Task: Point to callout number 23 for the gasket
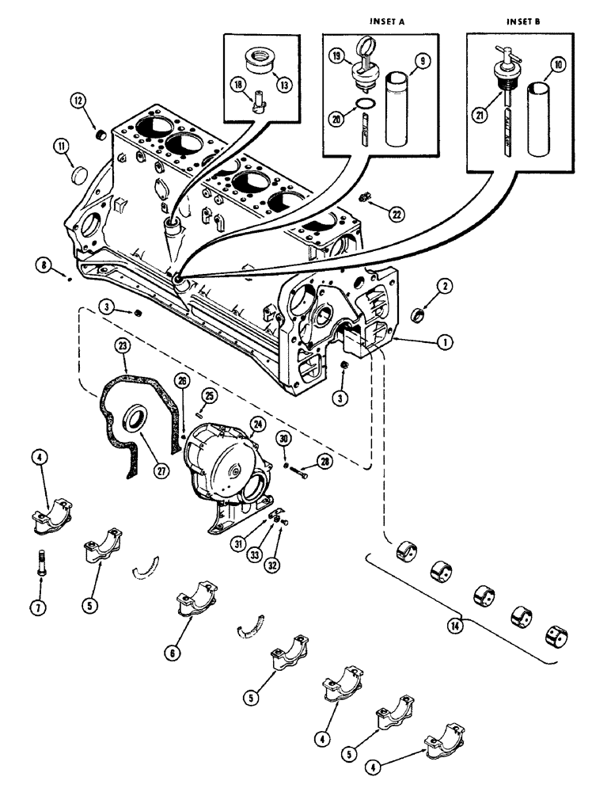(123, 345)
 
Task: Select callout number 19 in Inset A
(337, 57)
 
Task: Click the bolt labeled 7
(41, 566)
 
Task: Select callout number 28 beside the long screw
(324, 460)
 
